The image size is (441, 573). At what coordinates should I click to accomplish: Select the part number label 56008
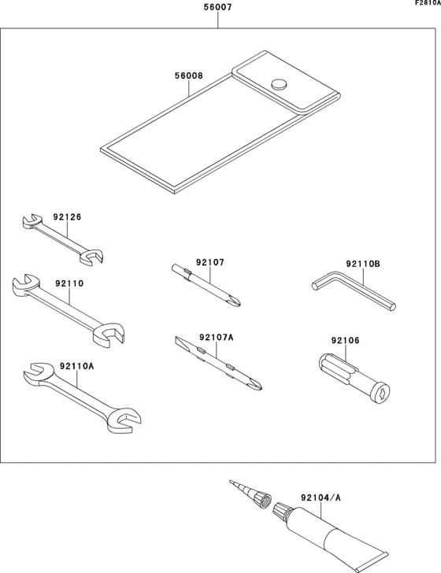[x=189, y=76]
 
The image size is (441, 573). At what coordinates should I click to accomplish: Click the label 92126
[x=67, y=216]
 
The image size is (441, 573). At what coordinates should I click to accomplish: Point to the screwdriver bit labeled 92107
[x=207, y=286]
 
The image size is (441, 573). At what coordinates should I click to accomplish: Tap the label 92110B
[x=363, y=266]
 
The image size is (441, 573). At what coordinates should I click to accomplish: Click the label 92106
[x=345, y=341]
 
